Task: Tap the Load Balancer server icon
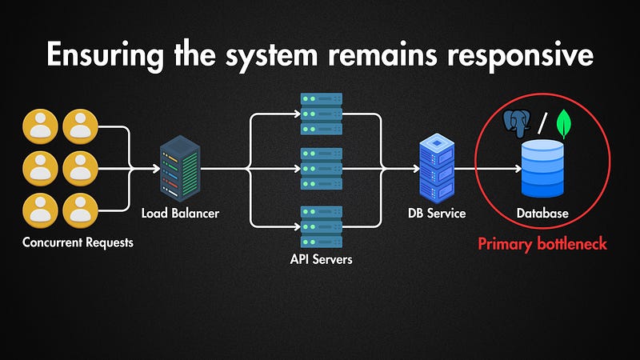pyautogui.click(x=180, y=168)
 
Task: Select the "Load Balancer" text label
pyautogui.click(x=180, y=214)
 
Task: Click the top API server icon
pyautogui.click(x=320, y=114)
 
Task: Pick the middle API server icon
pyautogui.click(x=320, y=168)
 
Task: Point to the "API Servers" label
pyautogui.click(x=320, y=259)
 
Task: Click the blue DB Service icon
pyautogui.click(x=437, y=169)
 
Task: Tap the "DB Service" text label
pyautogui.click(x=437, y=214)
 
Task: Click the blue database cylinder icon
pyautogui.click(x=542, y=169)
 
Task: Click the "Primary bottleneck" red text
pyautogui.click(x=542, y=244)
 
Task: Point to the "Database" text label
pyautogui.click(x=542, y=214)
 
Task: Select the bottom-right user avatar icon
pyautogui.click(x=80, y=209)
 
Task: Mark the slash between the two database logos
pyautogui.click(x=544, y=123)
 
